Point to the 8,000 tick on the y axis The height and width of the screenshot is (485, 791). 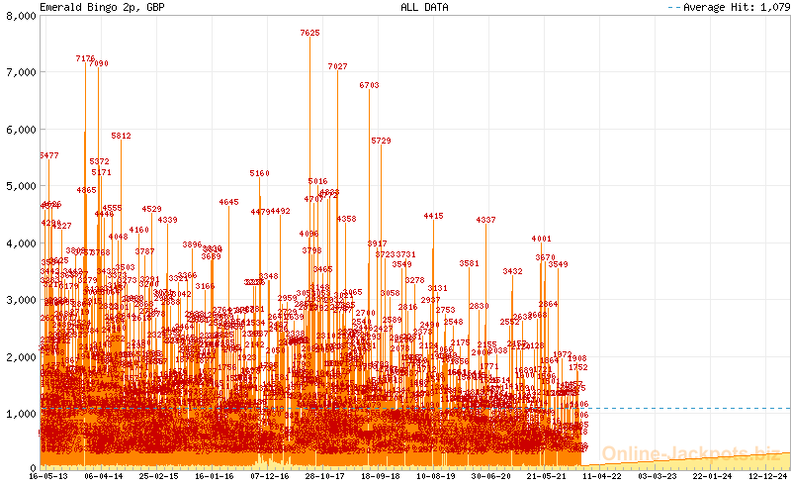tap(20, 15)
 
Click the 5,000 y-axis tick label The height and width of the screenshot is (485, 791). tap(20, 185)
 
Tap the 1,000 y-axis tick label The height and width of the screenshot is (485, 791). tap(20, 413)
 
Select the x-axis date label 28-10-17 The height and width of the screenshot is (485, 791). tap(324, 475)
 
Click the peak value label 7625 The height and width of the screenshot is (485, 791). tap(309, 33)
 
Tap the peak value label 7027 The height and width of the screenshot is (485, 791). tap(337, 66)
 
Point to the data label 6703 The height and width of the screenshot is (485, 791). tap(369, 86)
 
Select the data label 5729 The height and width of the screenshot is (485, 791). tap(382, 142)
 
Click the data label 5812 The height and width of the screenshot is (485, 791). tap(121, 136)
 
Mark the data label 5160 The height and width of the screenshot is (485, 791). tap(259, 173)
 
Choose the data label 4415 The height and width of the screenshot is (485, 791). tap(433, 216)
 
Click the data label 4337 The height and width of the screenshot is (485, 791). tap(485, 220)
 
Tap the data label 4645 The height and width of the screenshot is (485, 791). tap(228, 202)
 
